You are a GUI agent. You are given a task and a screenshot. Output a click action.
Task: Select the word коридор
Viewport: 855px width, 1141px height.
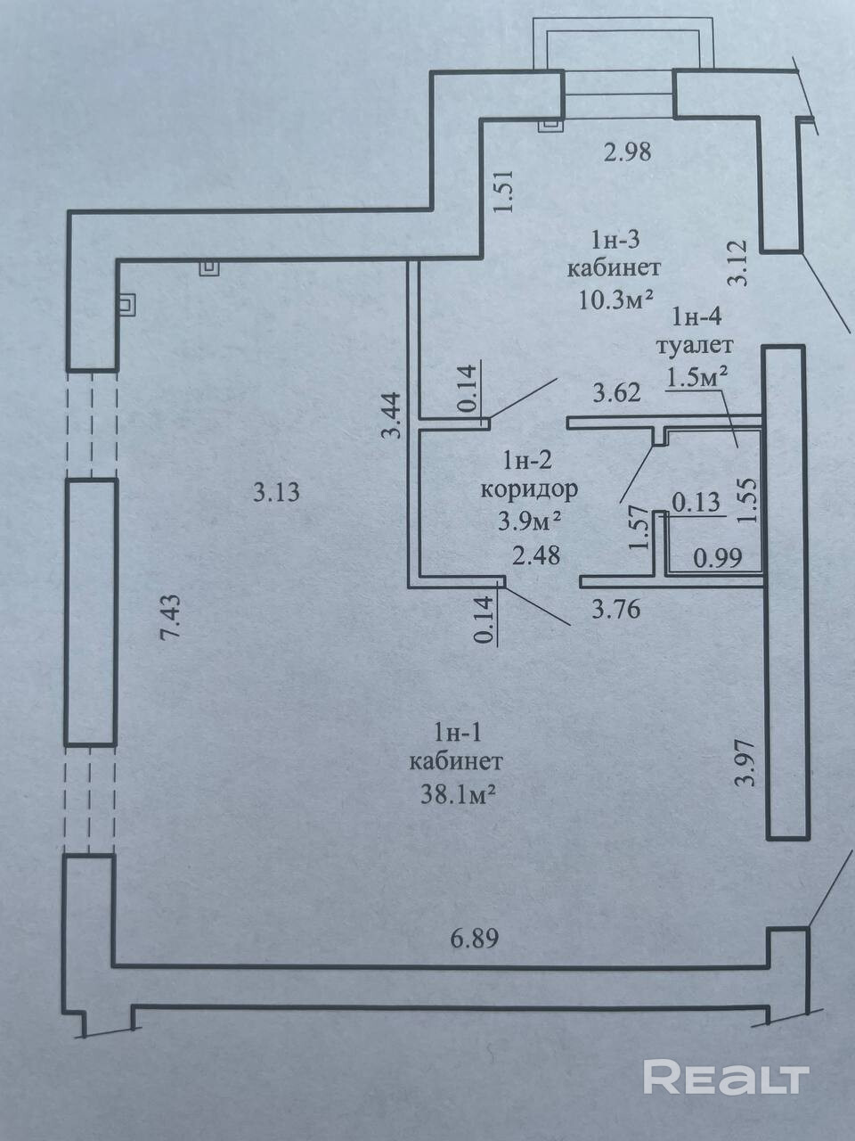[x=529, y=488]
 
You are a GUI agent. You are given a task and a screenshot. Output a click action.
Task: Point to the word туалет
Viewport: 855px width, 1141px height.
[x=694, y=345]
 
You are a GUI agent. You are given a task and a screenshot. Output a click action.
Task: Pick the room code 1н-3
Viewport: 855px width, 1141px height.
[x=615, y=239]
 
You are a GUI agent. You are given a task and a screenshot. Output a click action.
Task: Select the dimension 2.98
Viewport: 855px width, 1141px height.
[x=627, y=152]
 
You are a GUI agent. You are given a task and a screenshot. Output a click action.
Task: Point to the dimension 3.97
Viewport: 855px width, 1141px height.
[x=746, y=762]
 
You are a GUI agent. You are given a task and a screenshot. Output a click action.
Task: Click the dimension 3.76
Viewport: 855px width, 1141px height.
[x=616, y=611]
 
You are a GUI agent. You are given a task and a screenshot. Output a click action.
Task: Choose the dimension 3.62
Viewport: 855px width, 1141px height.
[x=617, y=392]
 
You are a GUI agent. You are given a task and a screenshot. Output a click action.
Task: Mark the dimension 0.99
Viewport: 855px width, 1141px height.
[x=717, y=559]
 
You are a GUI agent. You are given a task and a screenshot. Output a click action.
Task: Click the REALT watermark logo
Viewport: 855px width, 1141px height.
[x=725, y=1078]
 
